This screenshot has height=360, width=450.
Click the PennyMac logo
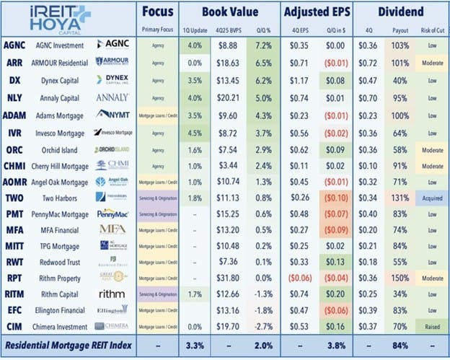[x=113, y=214]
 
